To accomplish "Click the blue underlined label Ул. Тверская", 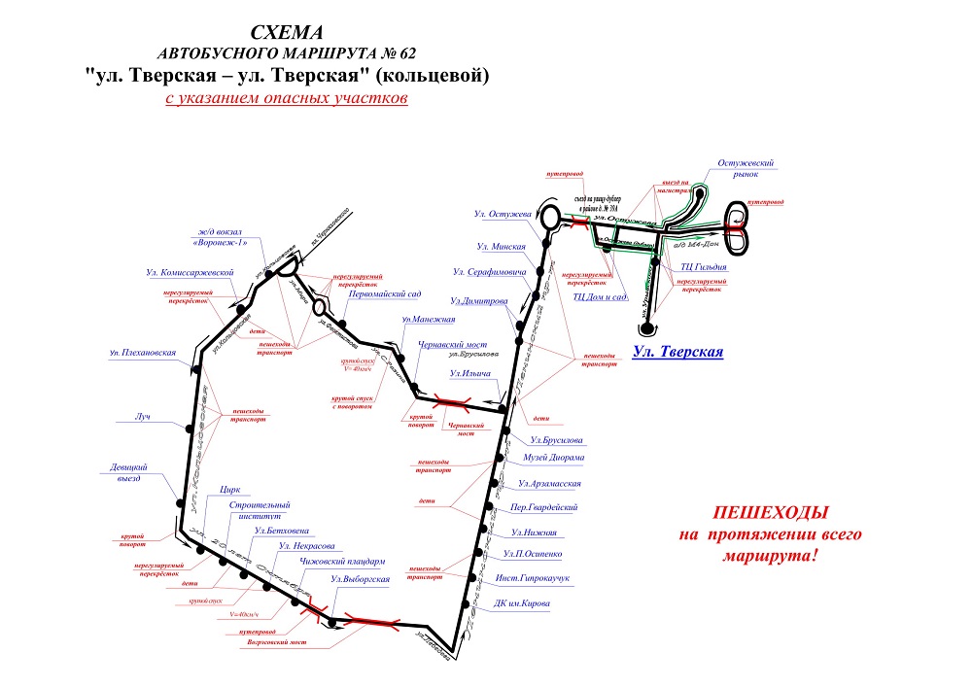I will (x=677, y=352).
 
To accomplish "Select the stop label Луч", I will (x=143, y=416).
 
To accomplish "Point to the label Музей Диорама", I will (x=554, y=458).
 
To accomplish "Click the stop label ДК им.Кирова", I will (x=522, y=603).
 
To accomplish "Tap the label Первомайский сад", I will (x=384, y=292).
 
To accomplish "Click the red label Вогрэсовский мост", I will (x=277, y=643).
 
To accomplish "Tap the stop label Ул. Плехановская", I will (x=143, y=352).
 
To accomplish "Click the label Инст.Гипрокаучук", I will (x=532, y=578).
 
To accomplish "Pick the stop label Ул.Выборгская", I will (x=361, y=580).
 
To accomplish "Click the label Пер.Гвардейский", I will (x=545, y=507).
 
